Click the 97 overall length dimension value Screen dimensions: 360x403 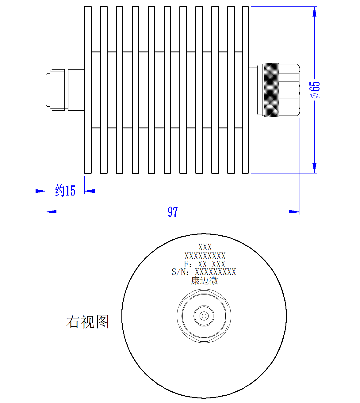(x=173, y=212)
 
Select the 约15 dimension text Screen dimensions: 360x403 (x=65, y=190)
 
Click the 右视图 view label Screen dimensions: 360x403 (x=88, y=322)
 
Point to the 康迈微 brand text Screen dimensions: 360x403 (x=204, y=281)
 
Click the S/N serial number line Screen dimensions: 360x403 (x=204, y=272)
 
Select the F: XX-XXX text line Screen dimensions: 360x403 (x=205, y=264)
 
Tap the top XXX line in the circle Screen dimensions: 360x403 (x=205, y=247)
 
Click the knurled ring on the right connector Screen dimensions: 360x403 (x=271, y=90)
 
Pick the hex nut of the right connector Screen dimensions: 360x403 (x=289, y=90)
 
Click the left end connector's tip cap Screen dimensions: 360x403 (x=48, y=90)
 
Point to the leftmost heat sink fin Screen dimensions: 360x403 (x=88, y=90)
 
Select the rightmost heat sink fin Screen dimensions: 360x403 (x=245, y=90)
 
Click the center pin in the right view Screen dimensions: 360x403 (x=204, y=316)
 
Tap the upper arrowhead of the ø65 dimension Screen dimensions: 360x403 (x=314, y=12)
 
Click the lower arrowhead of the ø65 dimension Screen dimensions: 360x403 (x=314, y=168)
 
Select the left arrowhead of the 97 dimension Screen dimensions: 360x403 (x=51, y=212)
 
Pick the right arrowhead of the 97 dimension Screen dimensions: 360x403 (x=294, y=212)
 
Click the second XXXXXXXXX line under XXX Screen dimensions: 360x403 (x=205, y=256)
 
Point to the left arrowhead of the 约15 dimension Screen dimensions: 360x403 (x=40, y=191)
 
